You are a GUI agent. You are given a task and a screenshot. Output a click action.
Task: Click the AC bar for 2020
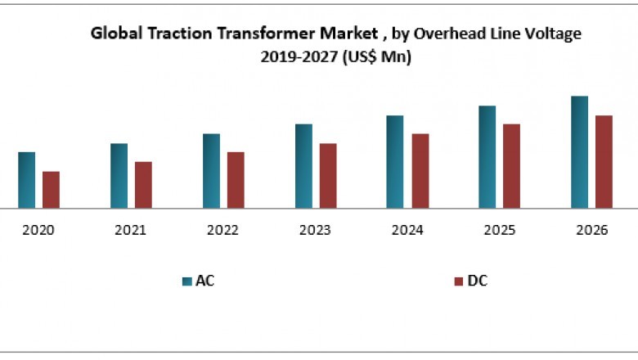tap(27, 180)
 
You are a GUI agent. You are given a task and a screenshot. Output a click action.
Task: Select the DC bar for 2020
tap(51, 190)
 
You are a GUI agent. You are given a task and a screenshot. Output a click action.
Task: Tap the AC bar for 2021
tap(119, 176)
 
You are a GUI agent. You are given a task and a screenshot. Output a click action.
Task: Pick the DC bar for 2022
tap(236, 180)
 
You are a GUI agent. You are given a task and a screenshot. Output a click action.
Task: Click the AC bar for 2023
tap(303, 166)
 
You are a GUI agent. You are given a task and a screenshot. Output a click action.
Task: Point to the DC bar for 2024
tap(420, 171)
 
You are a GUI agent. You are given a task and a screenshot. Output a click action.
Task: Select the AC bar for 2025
tap(487, 157)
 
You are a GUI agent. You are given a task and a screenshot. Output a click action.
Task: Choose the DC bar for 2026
tap(604, 162)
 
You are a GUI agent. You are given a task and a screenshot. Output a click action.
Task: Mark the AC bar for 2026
tap(579, 152)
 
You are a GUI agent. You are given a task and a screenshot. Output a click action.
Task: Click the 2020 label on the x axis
tap(38, 231)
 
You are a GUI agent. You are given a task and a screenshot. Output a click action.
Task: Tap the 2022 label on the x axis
tap(222, 231)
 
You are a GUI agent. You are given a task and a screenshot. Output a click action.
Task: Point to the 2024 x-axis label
tap(407, 231)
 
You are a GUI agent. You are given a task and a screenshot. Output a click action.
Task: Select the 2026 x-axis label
tap(591, 231)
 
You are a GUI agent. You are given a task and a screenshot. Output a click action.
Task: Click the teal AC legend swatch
tap(186, 281)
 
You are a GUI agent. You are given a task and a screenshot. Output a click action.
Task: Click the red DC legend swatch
tap(458, 281)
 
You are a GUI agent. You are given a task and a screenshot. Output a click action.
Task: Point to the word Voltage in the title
tap(556, 34)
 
